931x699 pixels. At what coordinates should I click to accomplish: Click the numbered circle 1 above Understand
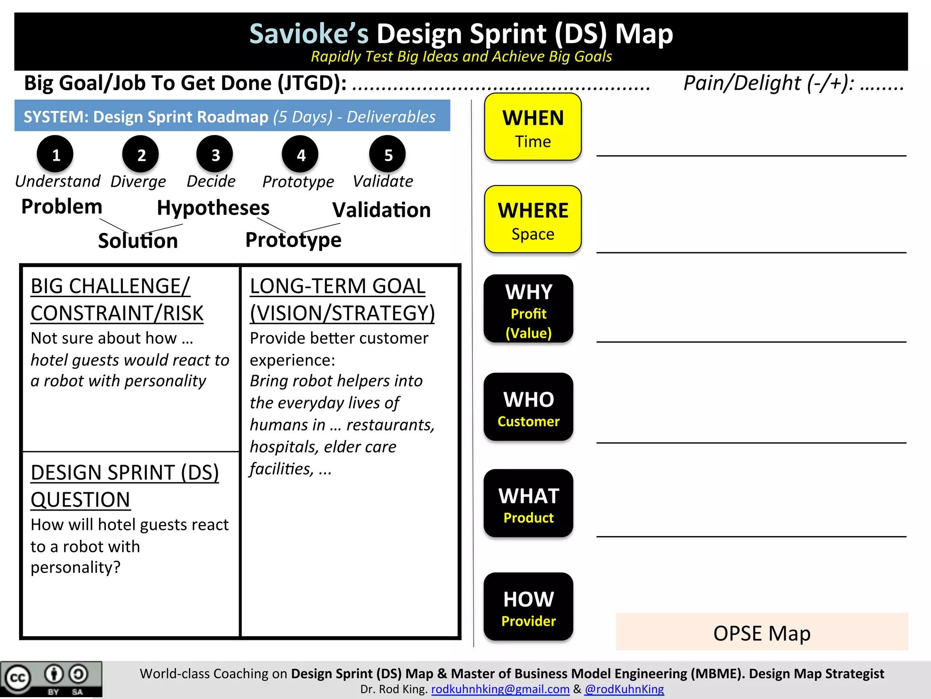pos(55,155)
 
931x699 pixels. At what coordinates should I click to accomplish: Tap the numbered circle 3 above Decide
pos(215,155)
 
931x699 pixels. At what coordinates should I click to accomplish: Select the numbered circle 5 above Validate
pos(388,155)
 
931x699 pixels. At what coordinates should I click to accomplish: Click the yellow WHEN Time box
pos(533,127)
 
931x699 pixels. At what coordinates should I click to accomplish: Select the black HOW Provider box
pos(528,607)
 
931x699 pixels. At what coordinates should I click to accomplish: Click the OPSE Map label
pos(762,633)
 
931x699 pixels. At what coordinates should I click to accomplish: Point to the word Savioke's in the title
pos(309,34)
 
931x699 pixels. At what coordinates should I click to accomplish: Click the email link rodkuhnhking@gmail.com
pos(500,689)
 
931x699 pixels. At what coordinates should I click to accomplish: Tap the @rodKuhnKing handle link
pos(624,689)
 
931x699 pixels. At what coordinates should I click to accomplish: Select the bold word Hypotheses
pos(213,208)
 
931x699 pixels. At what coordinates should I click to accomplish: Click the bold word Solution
pos(138,240)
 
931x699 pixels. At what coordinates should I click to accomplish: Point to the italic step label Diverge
pos(138,182)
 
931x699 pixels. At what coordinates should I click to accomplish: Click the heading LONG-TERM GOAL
pos(337,286)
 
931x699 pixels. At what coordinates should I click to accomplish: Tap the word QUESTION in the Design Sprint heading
pos(80,500)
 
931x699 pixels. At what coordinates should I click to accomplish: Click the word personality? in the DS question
pos(75,567)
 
